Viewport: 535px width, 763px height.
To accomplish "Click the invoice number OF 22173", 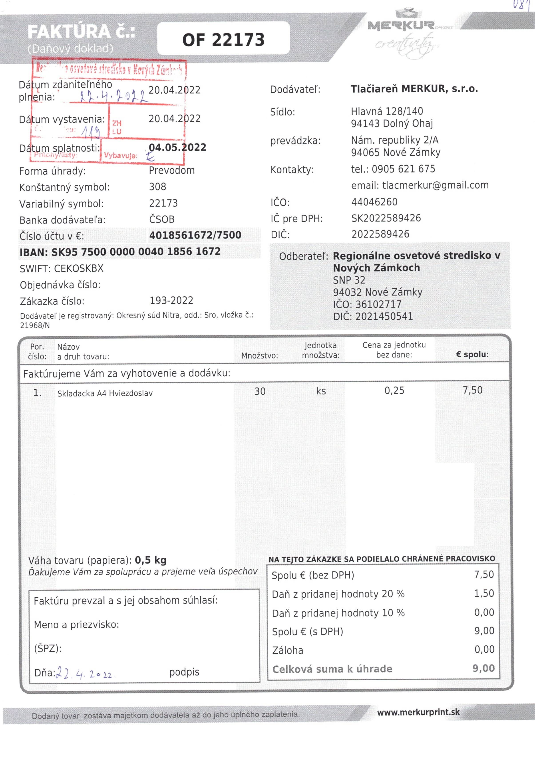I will point(223,40).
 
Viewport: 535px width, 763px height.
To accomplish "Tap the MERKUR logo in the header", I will point(401,26).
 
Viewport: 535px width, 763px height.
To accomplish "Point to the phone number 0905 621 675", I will point(403,169).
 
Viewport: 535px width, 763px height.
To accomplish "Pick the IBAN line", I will point(120,252).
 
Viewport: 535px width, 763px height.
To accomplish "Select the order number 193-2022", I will point(171,300).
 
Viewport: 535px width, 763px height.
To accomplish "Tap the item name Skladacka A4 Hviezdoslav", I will point(105,393).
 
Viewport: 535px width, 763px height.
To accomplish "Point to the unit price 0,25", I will point(394,390).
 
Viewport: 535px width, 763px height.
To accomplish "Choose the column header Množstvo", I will point(259,356).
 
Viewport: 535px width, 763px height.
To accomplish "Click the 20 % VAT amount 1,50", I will point(484,593).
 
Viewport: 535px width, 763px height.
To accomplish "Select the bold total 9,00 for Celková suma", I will point(483,668).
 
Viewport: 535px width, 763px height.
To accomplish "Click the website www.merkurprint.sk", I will point(418,712).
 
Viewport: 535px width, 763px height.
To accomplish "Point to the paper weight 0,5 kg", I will point(151,560).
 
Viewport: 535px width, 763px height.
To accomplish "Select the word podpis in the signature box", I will point(184,672).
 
